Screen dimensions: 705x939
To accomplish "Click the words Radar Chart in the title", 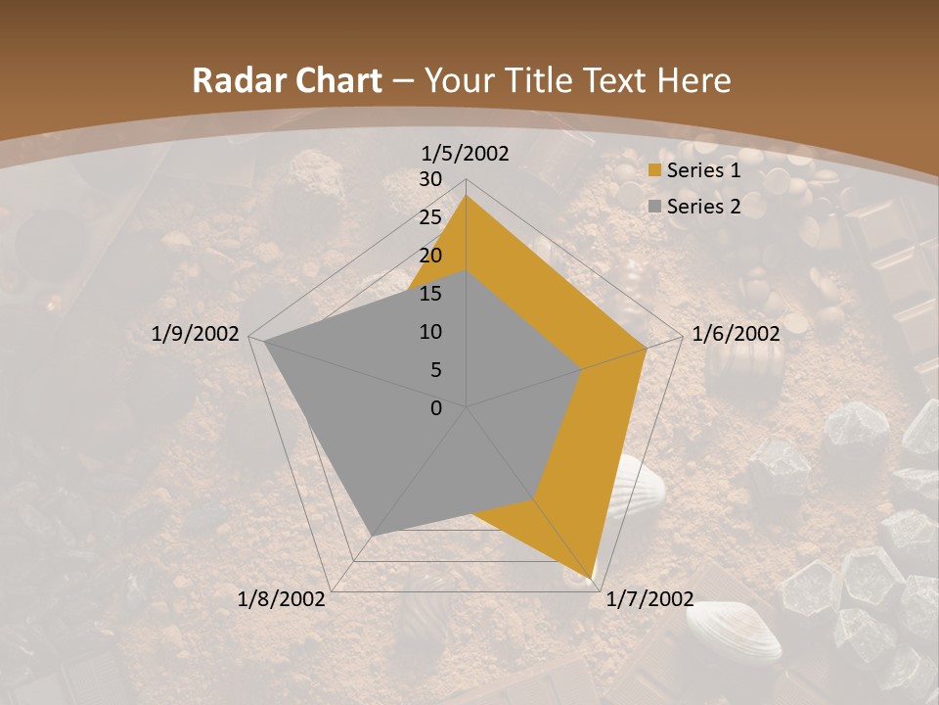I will pos(287,81).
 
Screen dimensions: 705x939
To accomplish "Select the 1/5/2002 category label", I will pos(465,154).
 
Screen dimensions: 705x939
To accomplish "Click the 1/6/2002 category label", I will pos(736,334).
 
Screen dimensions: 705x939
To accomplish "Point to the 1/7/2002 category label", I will pos(649,599).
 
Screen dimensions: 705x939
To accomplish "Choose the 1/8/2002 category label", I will pos(282,599).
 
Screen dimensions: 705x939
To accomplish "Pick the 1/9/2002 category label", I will pos(196,334).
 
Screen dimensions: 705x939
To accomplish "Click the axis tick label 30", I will pos(430,179).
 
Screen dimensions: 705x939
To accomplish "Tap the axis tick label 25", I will pos(430,217).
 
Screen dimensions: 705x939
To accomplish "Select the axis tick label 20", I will pos(430,256).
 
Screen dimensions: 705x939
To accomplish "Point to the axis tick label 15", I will pos(430,294).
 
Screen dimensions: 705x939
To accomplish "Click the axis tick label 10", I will pos(430,332).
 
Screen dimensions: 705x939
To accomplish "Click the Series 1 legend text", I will pos(703,170).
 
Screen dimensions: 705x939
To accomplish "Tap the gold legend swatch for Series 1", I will pos(654,171).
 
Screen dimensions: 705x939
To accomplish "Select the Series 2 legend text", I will pos(703,207).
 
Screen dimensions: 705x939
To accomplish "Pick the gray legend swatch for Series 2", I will pos(654,207).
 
